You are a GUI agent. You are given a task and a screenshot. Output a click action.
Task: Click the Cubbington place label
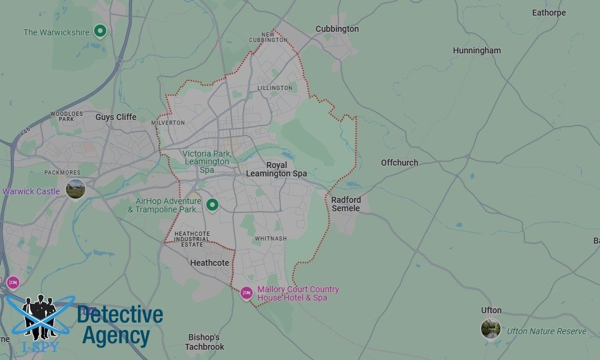tap(337, 29)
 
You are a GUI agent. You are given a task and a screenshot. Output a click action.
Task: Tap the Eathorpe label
tap(549, 13)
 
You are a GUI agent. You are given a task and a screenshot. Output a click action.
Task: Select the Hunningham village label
tap(476, 50)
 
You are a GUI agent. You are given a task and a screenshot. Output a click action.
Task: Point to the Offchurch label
tap(400, 163)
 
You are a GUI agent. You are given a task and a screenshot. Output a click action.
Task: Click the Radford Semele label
tap(346, 204)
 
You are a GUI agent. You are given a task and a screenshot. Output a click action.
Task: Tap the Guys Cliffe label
tap(116, 117)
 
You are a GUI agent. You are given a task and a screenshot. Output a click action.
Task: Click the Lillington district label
tap(275, 88)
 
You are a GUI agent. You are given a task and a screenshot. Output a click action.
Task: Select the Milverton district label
tap(168, 122)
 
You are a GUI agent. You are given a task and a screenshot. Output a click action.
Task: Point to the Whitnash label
tap(271, 239)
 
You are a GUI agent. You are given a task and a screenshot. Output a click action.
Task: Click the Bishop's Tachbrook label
tap(205, 342)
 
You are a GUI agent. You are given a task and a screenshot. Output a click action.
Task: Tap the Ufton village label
tap(491, 310)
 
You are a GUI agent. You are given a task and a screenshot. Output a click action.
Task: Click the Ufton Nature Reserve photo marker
tap(491, 329)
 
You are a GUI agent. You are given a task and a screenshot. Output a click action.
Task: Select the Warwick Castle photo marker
tap(76, 189)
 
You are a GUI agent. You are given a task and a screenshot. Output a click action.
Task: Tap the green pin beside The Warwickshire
tap(100, 31)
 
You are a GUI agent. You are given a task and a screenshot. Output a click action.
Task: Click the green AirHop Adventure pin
tap(212, 205)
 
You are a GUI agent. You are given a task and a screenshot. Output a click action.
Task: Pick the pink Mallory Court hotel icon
tap(246, 293)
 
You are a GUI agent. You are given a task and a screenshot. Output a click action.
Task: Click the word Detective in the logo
tap(120, 315)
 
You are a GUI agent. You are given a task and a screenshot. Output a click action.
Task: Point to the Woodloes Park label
tap(62, 116)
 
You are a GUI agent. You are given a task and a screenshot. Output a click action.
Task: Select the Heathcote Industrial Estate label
tap(192, 238)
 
